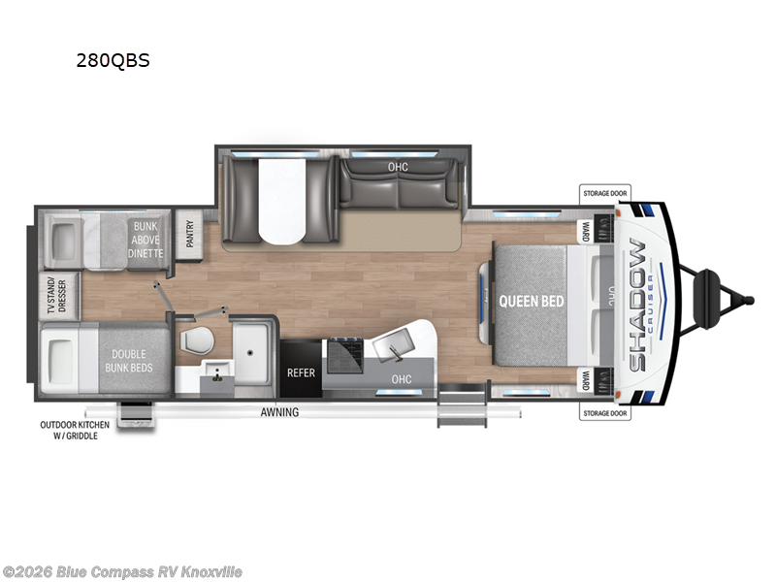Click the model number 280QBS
tap(113, 60)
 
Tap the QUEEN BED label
tap(531, 301)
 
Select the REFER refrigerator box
tap(300, 372)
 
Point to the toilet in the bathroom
tap(199, 340)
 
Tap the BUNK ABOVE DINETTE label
tap(145, 239)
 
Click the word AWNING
tap(279, 412)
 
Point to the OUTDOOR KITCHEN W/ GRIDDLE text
tap(75, 430)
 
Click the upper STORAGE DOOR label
tap(604, 193)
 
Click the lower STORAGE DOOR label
tap(604, 413)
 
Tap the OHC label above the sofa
tap(399, 166)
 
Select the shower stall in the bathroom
tap(253, 351)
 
